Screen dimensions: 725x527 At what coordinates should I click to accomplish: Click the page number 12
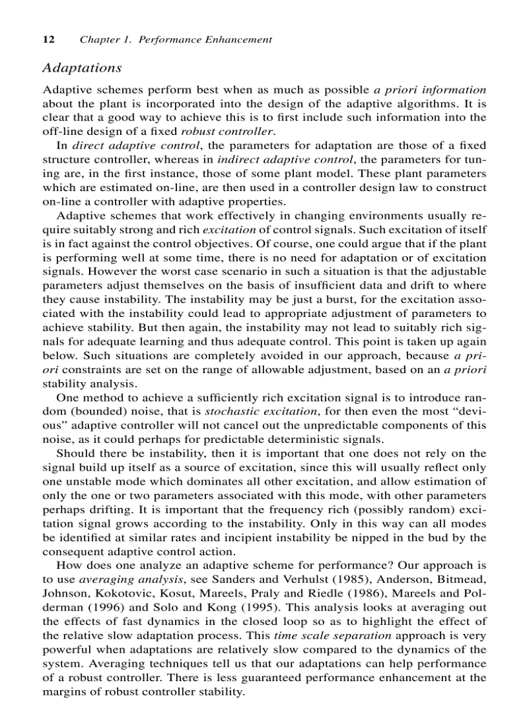tap(48, 40)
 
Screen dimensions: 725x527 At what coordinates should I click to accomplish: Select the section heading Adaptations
tap(81, 67)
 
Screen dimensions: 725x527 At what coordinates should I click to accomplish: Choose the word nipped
tap(381, 537)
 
